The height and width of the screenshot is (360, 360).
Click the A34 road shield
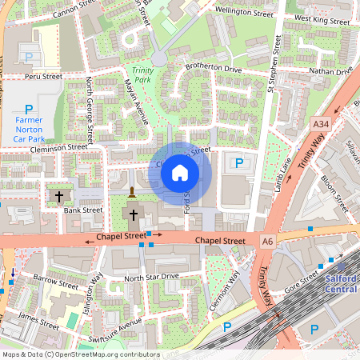click(321, 124)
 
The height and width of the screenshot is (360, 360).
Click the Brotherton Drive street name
click(213, 70)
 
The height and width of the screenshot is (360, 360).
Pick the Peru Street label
click(42, 77)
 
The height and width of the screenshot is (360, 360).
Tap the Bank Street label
click(83, 210)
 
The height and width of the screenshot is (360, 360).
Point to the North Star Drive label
click(151, 277)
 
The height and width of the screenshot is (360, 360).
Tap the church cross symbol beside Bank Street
click(58, 195)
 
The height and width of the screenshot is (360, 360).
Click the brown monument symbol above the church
click(131, 192)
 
